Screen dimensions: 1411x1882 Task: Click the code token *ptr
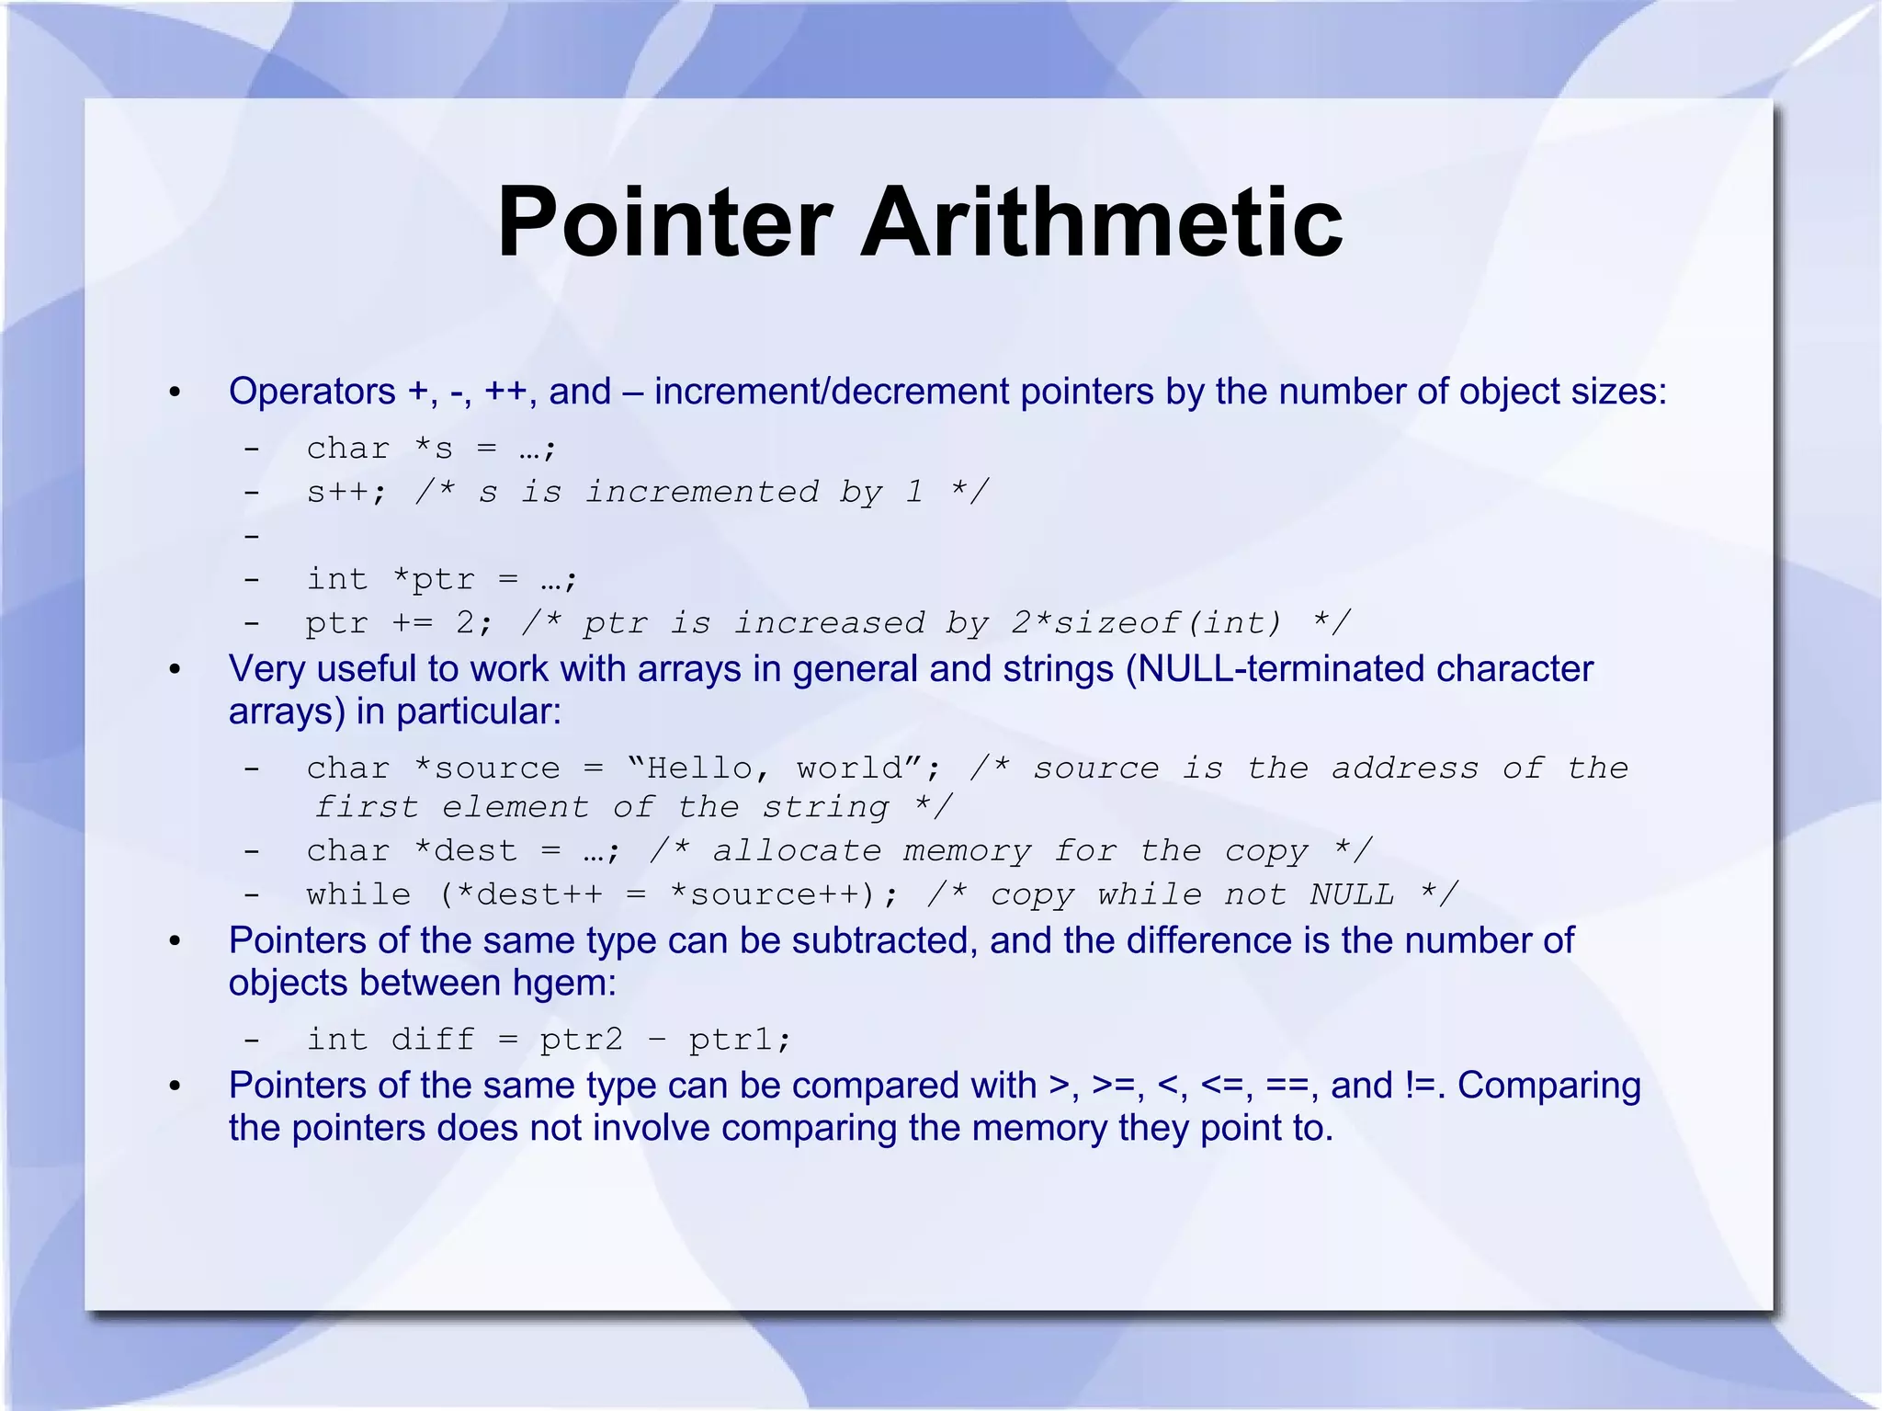coord(433,579)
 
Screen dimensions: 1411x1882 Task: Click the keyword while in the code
coord(358,894)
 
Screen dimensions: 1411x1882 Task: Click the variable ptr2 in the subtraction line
coord(581,1040)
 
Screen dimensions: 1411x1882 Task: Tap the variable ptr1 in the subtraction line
coord(737,1040)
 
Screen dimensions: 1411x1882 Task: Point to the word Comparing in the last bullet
coord(1548,1086)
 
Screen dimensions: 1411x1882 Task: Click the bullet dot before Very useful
coord(176,670)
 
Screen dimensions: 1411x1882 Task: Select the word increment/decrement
coord(832,392)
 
